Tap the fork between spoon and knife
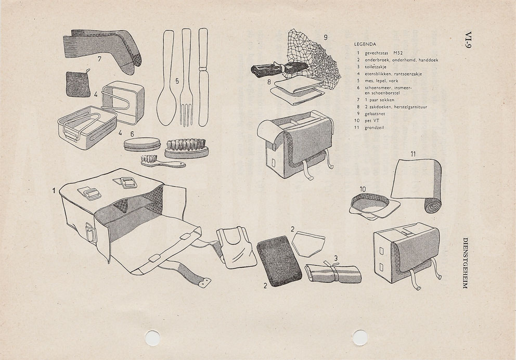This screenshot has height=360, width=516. click(x=186, y=83)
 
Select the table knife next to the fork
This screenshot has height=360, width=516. click(x=202, y=78)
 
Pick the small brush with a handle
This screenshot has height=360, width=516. click(x=161, y=162)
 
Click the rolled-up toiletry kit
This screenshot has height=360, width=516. click(x=333, y=272)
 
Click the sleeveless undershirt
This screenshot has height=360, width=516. click(x=236, y=247)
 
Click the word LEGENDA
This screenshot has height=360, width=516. click(x=365, y=44)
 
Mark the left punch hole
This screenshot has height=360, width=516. click(x=152, y=338)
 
